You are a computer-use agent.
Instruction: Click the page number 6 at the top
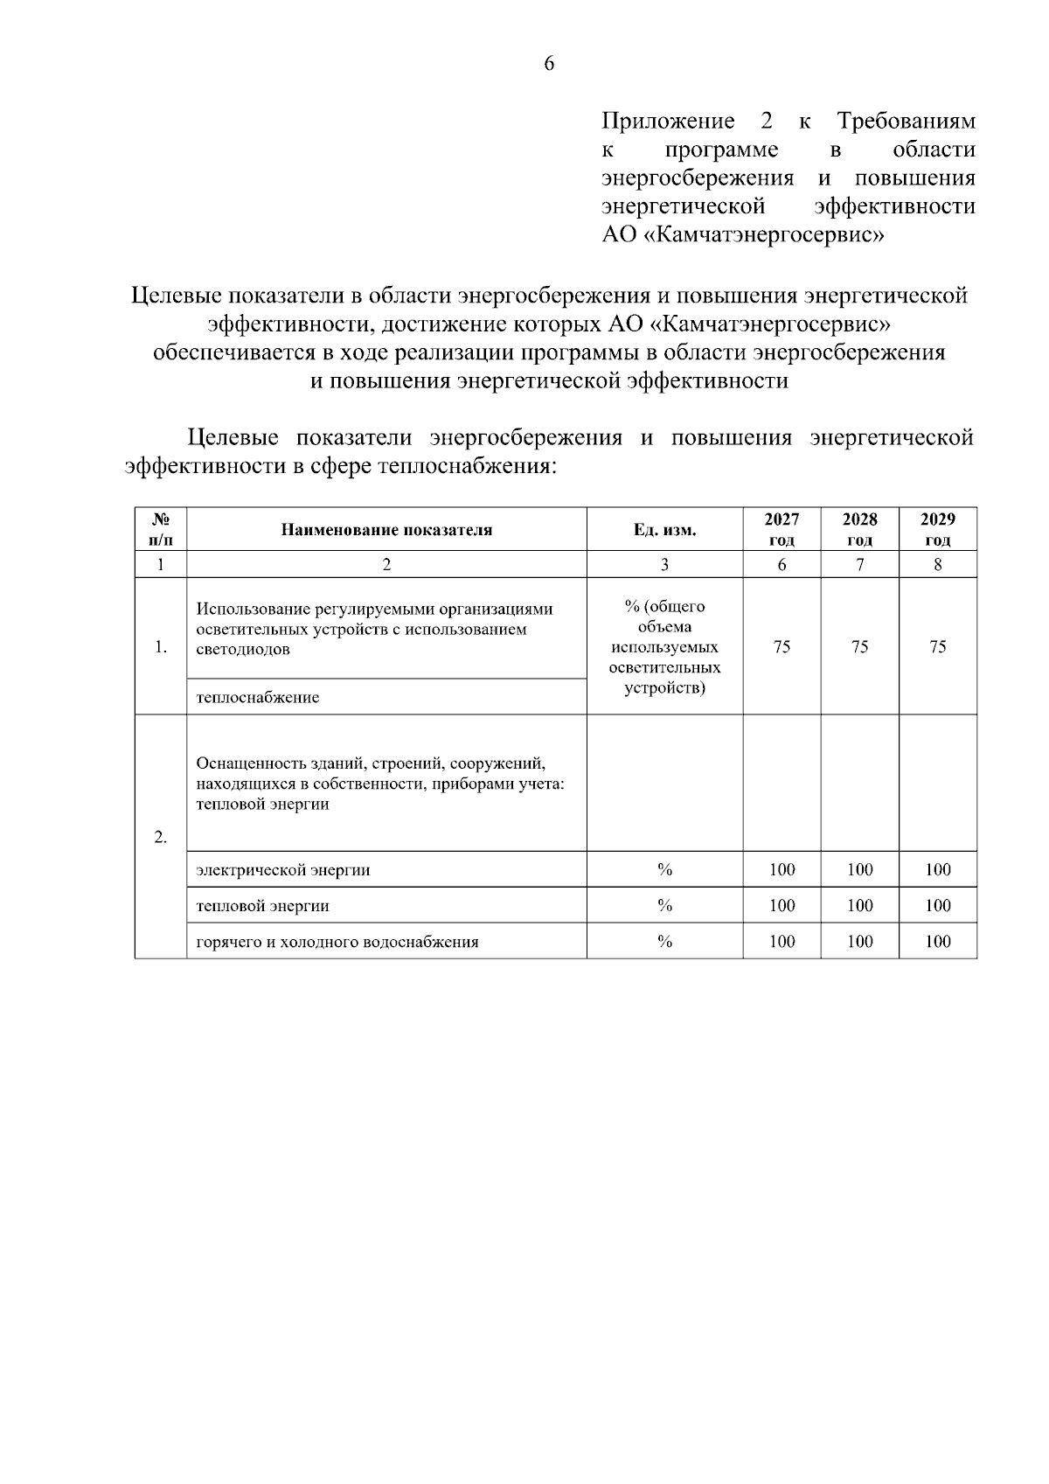point(549,64)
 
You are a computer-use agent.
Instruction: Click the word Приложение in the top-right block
point(668,121)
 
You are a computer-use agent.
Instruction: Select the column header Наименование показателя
point(386,530)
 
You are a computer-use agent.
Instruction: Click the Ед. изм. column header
point(664,530)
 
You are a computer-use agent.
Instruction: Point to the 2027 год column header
point(782,529)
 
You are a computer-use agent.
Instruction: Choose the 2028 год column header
point(859,529)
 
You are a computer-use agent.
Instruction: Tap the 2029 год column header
point(937,529)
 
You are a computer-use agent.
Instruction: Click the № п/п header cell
point(161,529)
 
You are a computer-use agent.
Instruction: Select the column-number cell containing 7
point(859,565)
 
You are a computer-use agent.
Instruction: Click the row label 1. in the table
point(161,647)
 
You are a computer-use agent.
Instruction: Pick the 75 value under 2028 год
point(859,647)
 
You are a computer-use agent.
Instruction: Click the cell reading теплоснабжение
point(258,698)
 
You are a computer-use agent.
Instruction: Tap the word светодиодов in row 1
point(243,650)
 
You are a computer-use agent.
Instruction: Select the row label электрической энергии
point(283,870)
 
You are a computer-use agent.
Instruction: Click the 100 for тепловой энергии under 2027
point(782,906)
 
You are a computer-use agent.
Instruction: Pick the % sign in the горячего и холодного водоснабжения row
point(664,942)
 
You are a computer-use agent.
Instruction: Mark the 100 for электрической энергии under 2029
point(937,870)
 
